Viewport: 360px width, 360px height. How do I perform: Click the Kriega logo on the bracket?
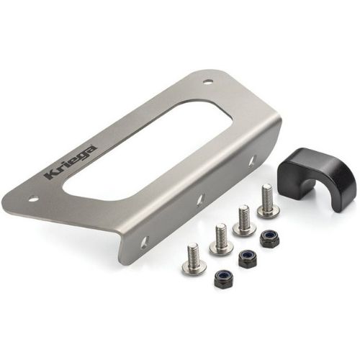click(x=71, y=163)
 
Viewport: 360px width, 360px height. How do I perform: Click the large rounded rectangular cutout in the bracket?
click(x=147, y=150)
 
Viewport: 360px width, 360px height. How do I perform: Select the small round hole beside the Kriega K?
click(x=34, y=199)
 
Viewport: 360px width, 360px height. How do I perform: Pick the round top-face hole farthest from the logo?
click(x=207, y=81)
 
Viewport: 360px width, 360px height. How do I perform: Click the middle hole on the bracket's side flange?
click(x=199, y=200)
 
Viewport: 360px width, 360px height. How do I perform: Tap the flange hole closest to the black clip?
click(x=252, y=161)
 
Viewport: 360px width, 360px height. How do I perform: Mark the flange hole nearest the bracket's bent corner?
click(x=145, y=242)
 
